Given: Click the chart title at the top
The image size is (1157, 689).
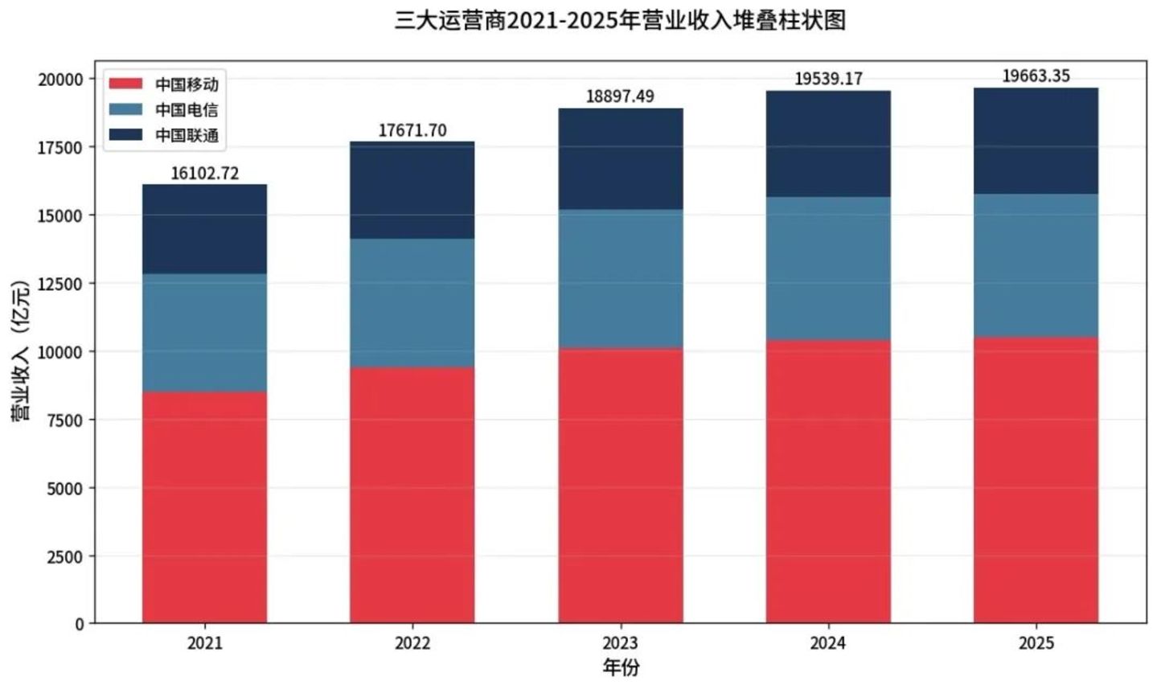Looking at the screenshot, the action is [x=620, y=21].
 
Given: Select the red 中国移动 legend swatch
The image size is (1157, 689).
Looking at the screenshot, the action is [x=125, y=84].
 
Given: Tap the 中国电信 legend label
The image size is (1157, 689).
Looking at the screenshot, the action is [x=187, y=109].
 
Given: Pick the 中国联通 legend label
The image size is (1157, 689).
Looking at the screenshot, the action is [x=187, y=135].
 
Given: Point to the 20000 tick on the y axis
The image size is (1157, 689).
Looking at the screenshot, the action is [x=60, y=80].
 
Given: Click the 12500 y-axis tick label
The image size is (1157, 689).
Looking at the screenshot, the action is [x=60, y=284].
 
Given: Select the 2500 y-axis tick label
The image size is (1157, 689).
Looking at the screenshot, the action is [x=65, y=557].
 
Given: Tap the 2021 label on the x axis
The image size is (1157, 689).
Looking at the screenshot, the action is [x=205, y=643].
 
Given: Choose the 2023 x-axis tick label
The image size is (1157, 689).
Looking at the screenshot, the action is [x=621, y=643].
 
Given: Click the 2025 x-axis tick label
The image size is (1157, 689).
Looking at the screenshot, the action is [x=1036, y=643].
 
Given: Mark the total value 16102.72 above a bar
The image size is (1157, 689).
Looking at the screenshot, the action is [x=205, y=174].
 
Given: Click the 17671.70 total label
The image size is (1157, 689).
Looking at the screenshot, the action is [x=412, y=131].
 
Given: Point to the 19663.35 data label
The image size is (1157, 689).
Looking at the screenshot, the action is [x=1036, y=76].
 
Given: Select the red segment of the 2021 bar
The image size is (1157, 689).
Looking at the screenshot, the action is [x=205, y=507].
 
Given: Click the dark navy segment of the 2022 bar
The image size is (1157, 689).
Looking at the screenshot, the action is [x=412, y=190].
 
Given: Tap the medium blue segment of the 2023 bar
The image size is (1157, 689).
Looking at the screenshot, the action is [x=621, y=279].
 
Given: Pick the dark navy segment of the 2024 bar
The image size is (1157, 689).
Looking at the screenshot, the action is [x=828, y=144].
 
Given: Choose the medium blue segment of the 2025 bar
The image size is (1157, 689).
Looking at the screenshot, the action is [x=1036, y=265].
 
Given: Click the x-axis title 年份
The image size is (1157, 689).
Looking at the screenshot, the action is [x=621, y=667].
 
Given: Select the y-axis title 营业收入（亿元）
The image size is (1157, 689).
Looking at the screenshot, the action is [x=21, y=351].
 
